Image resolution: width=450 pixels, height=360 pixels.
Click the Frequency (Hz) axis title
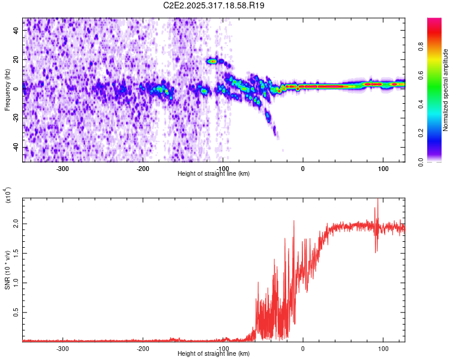pos(8,90)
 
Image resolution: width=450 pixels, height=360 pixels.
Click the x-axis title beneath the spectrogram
pos(214,174)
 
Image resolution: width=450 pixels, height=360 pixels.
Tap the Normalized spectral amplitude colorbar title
pos(446,90)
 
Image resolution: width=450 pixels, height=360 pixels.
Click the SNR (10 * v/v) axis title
pos(8,270)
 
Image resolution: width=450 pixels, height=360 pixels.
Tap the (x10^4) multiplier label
pos(8,195)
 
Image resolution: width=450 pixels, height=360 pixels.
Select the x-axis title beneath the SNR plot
pos(214,354)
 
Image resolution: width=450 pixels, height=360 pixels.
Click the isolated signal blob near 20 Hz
pos(212,61)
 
